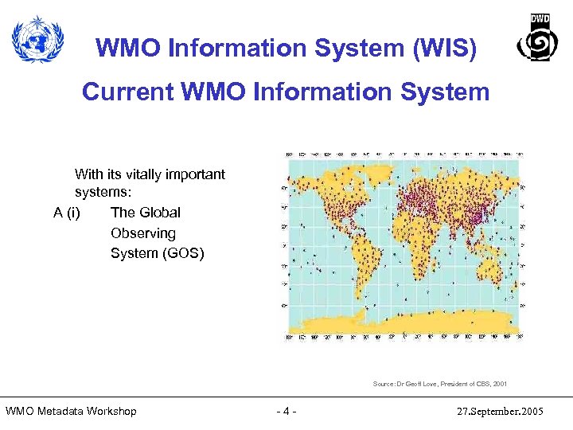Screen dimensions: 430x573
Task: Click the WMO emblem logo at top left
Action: [37, 41]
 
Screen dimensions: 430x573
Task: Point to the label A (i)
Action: [67, 213]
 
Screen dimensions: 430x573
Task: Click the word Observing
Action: [143, 233]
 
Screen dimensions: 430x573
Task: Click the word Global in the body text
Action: [160, 213]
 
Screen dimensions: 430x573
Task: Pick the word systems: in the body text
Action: [103, 193]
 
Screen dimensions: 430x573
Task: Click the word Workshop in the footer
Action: [111, 412]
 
